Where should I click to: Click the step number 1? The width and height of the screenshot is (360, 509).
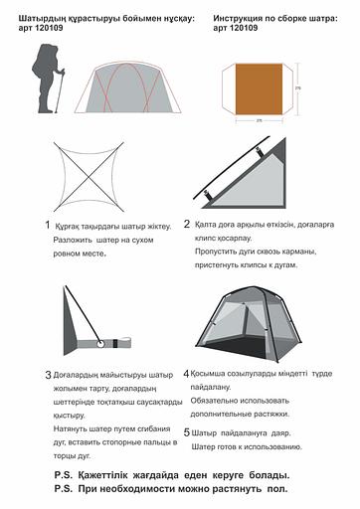click(x=47, y=226)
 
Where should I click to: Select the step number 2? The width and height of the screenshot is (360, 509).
click(x=187, y=225)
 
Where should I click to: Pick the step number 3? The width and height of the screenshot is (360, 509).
click(x=48, y=376)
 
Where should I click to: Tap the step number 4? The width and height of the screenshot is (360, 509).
click(x=187, y=373)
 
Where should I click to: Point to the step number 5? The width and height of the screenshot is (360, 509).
click(x=187, y=433)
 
